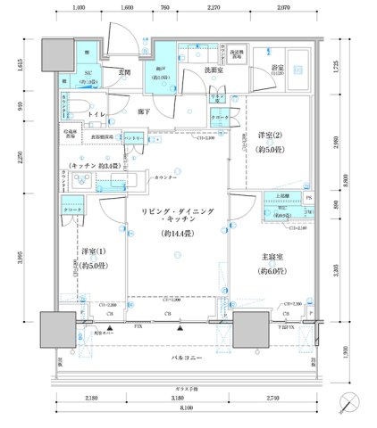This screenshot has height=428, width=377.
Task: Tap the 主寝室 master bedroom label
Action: (269, 259)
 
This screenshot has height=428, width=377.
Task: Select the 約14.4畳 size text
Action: (177, 233)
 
